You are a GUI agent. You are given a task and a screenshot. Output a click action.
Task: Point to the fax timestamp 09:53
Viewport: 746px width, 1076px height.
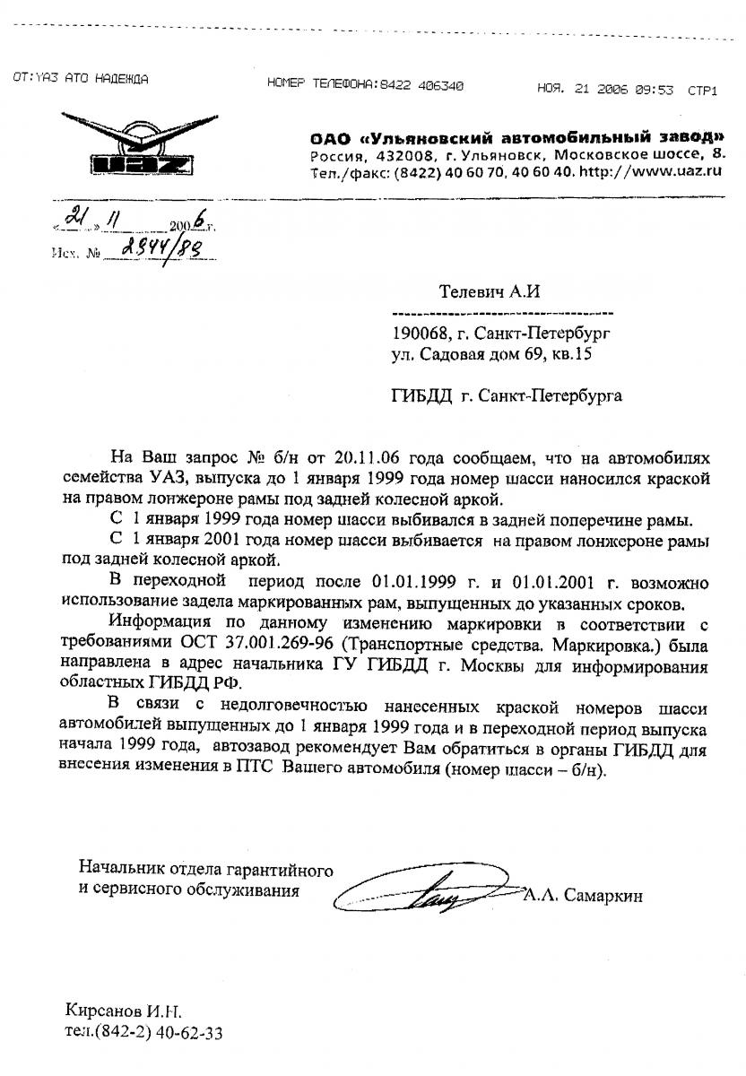tap(655, 89)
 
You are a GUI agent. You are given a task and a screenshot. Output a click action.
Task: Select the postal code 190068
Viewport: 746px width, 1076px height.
tap(419, 334)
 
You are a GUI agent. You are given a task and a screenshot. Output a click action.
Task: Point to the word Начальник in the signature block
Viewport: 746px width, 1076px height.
tap(117, 868)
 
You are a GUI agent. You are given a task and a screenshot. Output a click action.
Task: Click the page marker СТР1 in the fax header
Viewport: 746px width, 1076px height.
tap(702, 90)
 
